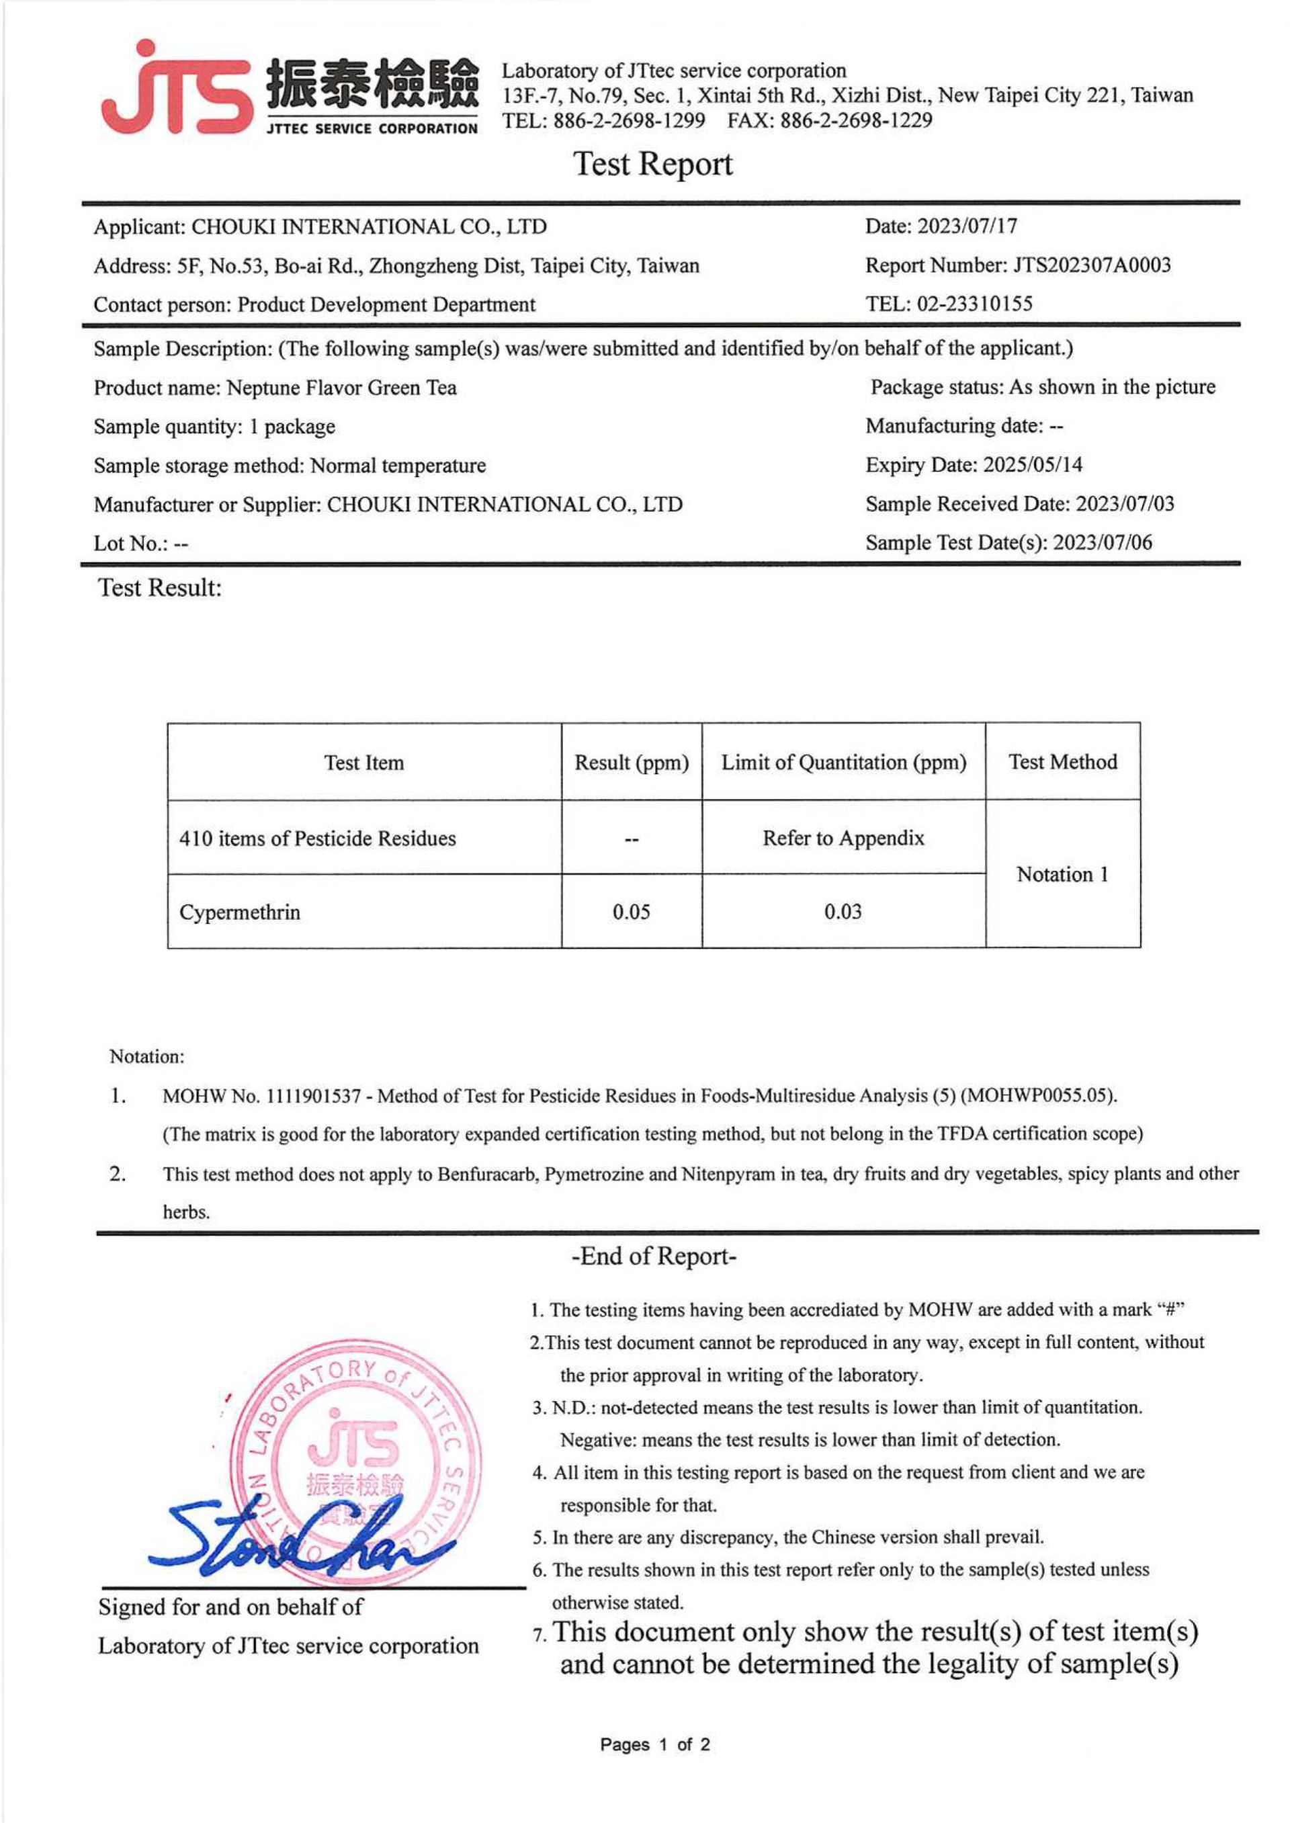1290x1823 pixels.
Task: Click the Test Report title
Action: tap(652, 165)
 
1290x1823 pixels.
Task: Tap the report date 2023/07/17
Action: tap(967, 226)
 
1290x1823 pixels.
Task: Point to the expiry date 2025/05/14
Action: tap(1032, 465)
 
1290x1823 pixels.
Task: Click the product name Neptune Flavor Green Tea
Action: tap(341, 388)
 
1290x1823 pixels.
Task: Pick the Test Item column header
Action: tap(363, 763)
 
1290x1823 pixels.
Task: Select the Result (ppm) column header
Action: tap(632, 763)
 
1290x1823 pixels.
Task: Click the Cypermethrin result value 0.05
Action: tap(632, 912)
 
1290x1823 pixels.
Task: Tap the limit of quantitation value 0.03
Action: tap(843, 912)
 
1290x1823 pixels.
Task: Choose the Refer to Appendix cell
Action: tap(843, 838)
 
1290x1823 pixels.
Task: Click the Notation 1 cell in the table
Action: tap(1062, 875)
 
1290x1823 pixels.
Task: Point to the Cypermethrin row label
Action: tap(240, 912)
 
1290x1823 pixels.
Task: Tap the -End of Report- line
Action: tap(653, 1257)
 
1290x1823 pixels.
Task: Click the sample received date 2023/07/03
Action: tap(1124, 503)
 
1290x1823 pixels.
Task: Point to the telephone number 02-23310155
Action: tap(975, 304)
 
